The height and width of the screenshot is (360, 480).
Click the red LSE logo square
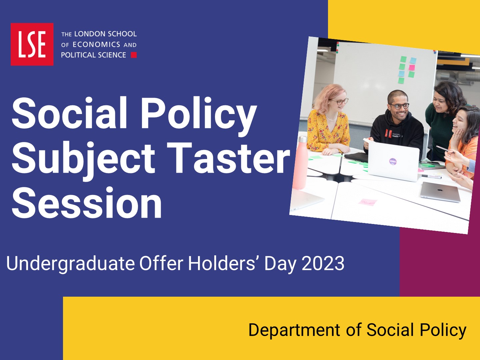(x=32, y=44)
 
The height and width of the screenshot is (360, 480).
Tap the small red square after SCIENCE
(x=134, y=55)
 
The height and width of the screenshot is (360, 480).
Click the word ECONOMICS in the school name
(x=96, y=45)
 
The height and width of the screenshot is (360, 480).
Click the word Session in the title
(x=87, y=203)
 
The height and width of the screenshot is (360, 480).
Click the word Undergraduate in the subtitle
(x=70, y=264)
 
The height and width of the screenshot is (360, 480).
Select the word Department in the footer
(x=294, y=330)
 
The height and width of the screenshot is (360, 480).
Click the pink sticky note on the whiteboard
(x=412, y=68)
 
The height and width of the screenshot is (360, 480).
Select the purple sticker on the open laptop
(x=393, y=162)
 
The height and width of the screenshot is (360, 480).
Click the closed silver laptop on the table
(x=440, y=192)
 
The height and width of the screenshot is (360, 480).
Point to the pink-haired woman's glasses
(x=340, y=102)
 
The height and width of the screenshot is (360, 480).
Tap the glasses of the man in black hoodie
(x=400, y=106)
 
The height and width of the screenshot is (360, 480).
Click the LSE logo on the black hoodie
(x=388, y=133)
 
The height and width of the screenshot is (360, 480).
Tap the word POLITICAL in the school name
(x=77, y=55)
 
